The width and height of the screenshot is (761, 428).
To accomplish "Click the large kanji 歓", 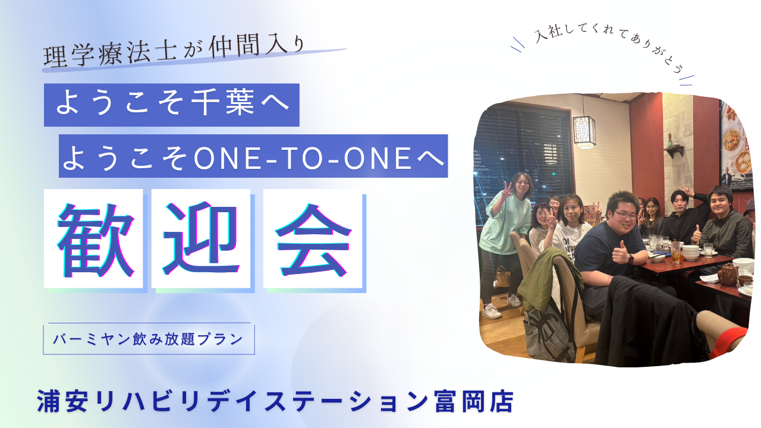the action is [x=96, y=240].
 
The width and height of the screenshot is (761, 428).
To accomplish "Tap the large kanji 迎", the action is [x=201, y=238].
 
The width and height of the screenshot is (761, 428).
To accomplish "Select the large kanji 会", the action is [x=313, y=240].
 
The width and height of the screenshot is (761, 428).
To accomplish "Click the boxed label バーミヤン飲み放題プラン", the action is [x=149, y=339].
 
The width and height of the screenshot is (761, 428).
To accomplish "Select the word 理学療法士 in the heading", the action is [x=111, y=53].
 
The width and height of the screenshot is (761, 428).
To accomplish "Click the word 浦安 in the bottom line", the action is [x=62, y=401].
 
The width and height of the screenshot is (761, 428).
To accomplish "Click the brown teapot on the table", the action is [x=728, y=274].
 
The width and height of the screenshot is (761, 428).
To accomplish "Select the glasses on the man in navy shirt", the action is [x=625, y=215].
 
